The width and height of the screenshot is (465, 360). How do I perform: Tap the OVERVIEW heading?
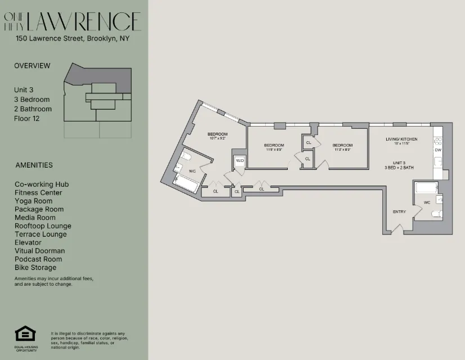32,65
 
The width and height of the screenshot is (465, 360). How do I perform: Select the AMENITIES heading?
34,165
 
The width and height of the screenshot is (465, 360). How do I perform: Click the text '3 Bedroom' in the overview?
32,99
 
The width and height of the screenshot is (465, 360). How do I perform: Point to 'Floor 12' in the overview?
27,118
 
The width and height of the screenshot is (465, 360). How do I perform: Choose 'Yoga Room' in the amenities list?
34,201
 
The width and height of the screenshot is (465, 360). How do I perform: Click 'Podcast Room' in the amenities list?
38,259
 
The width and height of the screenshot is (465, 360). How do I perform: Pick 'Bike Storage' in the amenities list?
35,268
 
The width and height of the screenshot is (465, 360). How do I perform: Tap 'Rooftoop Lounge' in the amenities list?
43,226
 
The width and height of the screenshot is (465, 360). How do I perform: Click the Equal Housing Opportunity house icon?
25,334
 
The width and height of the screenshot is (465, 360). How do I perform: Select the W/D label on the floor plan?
240,161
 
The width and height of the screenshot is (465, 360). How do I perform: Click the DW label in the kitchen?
437,150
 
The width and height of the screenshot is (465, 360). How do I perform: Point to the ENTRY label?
399,211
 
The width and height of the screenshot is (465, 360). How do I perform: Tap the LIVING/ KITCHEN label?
401,139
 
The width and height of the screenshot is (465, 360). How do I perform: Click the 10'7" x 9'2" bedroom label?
217,136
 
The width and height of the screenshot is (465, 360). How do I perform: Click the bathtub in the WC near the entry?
426,188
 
